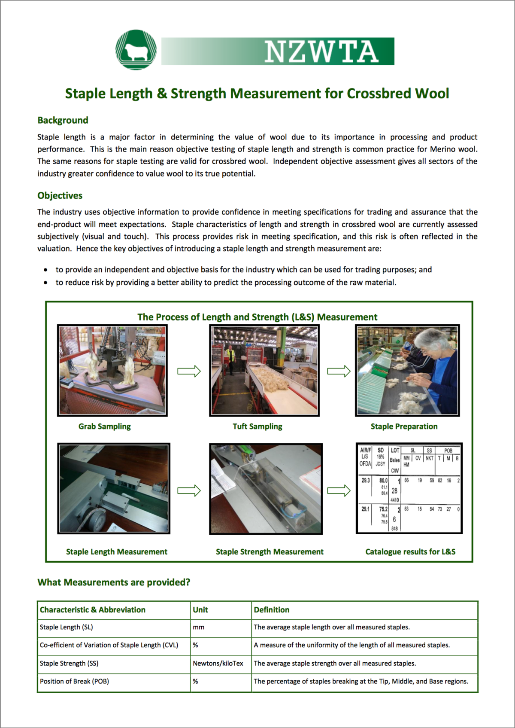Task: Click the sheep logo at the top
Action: point(136,50)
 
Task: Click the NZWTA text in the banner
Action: point(321,52)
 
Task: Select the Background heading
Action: point(63,120)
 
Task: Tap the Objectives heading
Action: point(60,195)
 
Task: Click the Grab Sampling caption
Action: point(104,426)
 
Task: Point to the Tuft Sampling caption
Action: point(257,426)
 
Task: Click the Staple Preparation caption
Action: point(404,426)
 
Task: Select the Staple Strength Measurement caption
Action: point(270,552)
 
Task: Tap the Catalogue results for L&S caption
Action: point(410,552)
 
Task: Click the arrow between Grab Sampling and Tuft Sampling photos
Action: point(189,371)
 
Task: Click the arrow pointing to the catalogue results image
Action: point(339,490)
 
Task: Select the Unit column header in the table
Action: point(200,610)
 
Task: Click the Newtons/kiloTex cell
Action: point(218,664)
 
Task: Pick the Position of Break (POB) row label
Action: point(74,682)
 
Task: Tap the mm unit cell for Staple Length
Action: point(198,627)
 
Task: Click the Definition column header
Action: point(272,610)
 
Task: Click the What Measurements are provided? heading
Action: point(114,582)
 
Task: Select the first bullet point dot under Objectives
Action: point(45,270)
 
